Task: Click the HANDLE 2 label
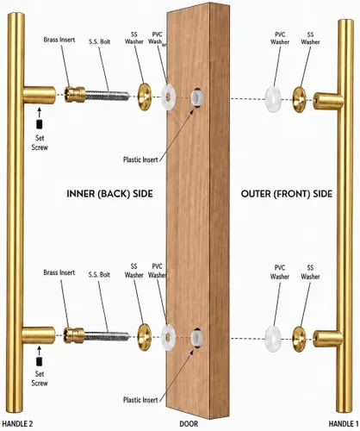coord(17,423)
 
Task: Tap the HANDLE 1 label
coord(344,423)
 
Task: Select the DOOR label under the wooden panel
coord(189,423)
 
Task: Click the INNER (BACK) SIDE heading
coord(109,194)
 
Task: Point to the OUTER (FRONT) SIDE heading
coord(287,194)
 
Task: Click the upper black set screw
coord(40,124)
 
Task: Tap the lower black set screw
coord(40,361)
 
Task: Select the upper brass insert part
coord(75,95)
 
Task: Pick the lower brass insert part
coord(74,335)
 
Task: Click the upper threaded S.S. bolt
coord(108,96)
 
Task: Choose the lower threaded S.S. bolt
coord(107,336)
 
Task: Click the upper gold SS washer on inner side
coord(144,97)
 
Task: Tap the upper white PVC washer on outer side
coord(273,99)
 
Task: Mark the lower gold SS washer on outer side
coord(299,340)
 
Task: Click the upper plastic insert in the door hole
coord(197,97)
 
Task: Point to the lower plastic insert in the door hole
coord(196,338)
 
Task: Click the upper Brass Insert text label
coord(59,40)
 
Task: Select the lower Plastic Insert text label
coord(140,400)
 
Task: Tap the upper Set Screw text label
coord(40,142)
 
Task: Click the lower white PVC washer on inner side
coord(168,337)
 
